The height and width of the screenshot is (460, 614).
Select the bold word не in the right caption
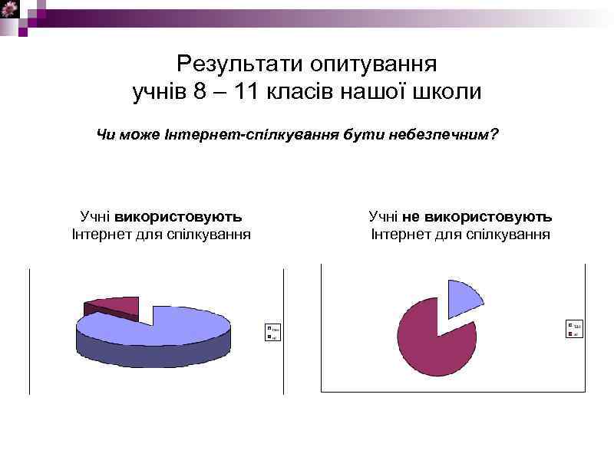411,218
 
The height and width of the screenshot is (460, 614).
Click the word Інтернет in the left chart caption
101,234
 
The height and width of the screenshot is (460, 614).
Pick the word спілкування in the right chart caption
507,234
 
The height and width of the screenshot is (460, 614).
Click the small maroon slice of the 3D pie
115,306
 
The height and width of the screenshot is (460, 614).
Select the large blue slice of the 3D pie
153,337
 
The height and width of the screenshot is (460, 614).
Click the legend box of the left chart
273,332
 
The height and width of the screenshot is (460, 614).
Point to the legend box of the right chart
573,329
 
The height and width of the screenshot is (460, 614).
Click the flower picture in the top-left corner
11,10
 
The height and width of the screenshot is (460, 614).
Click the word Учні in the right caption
383,218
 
